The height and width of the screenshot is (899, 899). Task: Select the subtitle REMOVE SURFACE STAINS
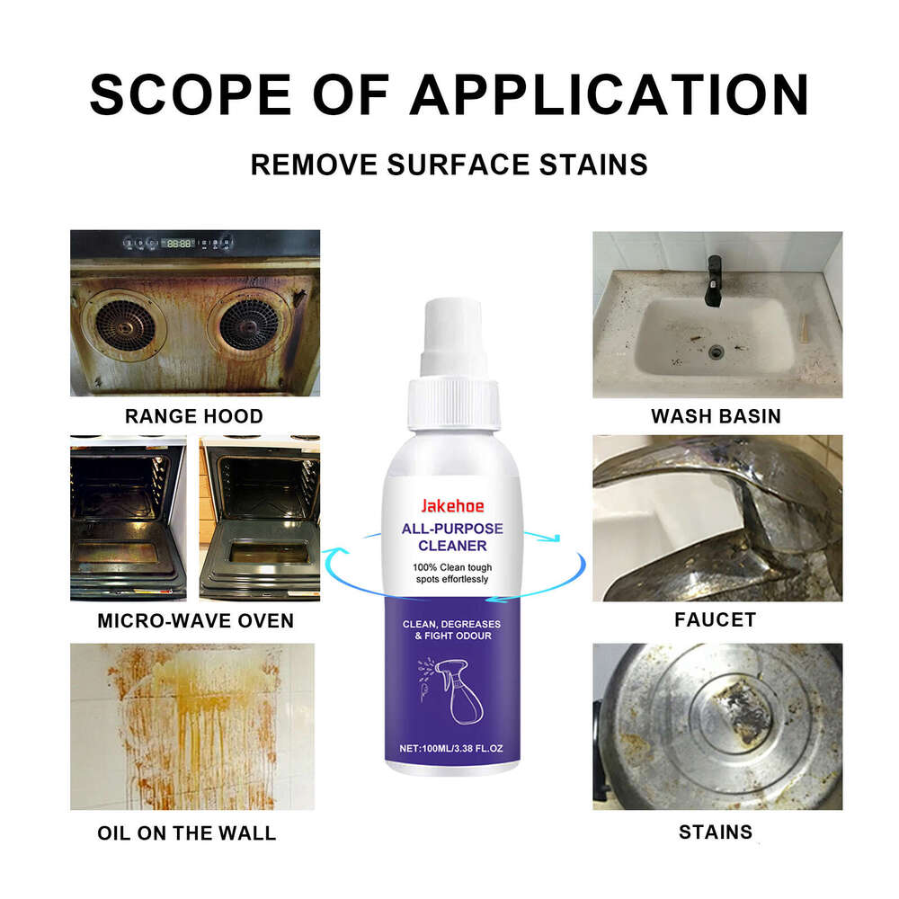point(449,165)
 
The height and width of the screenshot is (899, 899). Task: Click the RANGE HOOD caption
point(194,416)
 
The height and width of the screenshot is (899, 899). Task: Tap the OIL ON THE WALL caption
point(187,833)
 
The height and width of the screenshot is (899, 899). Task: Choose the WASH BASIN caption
point(716,416)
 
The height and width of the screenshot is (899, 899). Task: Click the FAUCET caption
point(716,619)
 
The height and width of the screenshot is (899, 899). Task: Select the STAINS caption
point(716,832)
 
